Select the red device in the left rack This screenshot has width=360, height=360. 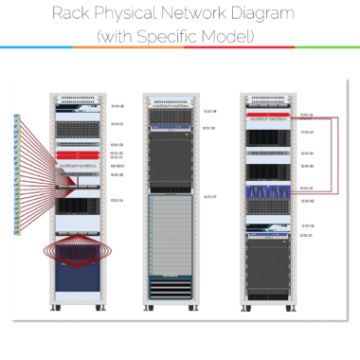pyautogui.click(x=75, y=153)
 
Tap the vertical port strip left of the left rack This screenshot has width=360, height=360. pyautogui.click(x=16, y=175)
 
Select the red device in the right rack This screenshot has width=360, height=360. pyautogui.click(x=268, y=116)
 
